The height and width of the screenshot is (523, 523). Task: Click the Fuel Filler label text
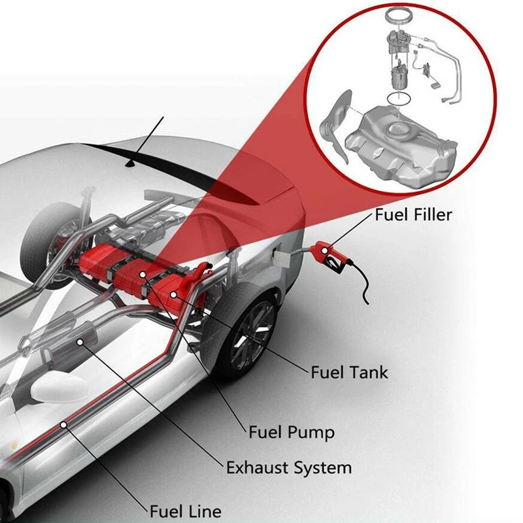(x=413, y=214)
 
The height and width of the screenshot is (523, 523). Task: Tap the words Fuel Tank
(x=348, y=373)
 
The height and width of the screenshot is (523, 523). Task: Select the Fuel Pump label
(x=292, y=432)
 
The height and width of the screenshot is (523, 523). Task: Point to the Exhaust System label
(x=288, y=467)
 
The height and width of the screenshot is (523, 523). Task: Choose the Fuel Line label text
(x=186, y=511)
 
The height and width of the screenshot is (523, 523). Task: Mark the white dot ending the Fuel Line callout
(x=64, y=425)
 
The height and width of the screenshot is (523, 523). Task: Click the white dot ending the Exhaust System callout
(x=80, y=341)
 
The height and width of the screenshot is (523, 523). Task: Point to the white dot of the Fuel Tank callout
(x=173, y=294)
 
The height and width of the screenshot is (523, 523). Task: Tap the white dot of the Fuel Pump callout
(x=142, y=273)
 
